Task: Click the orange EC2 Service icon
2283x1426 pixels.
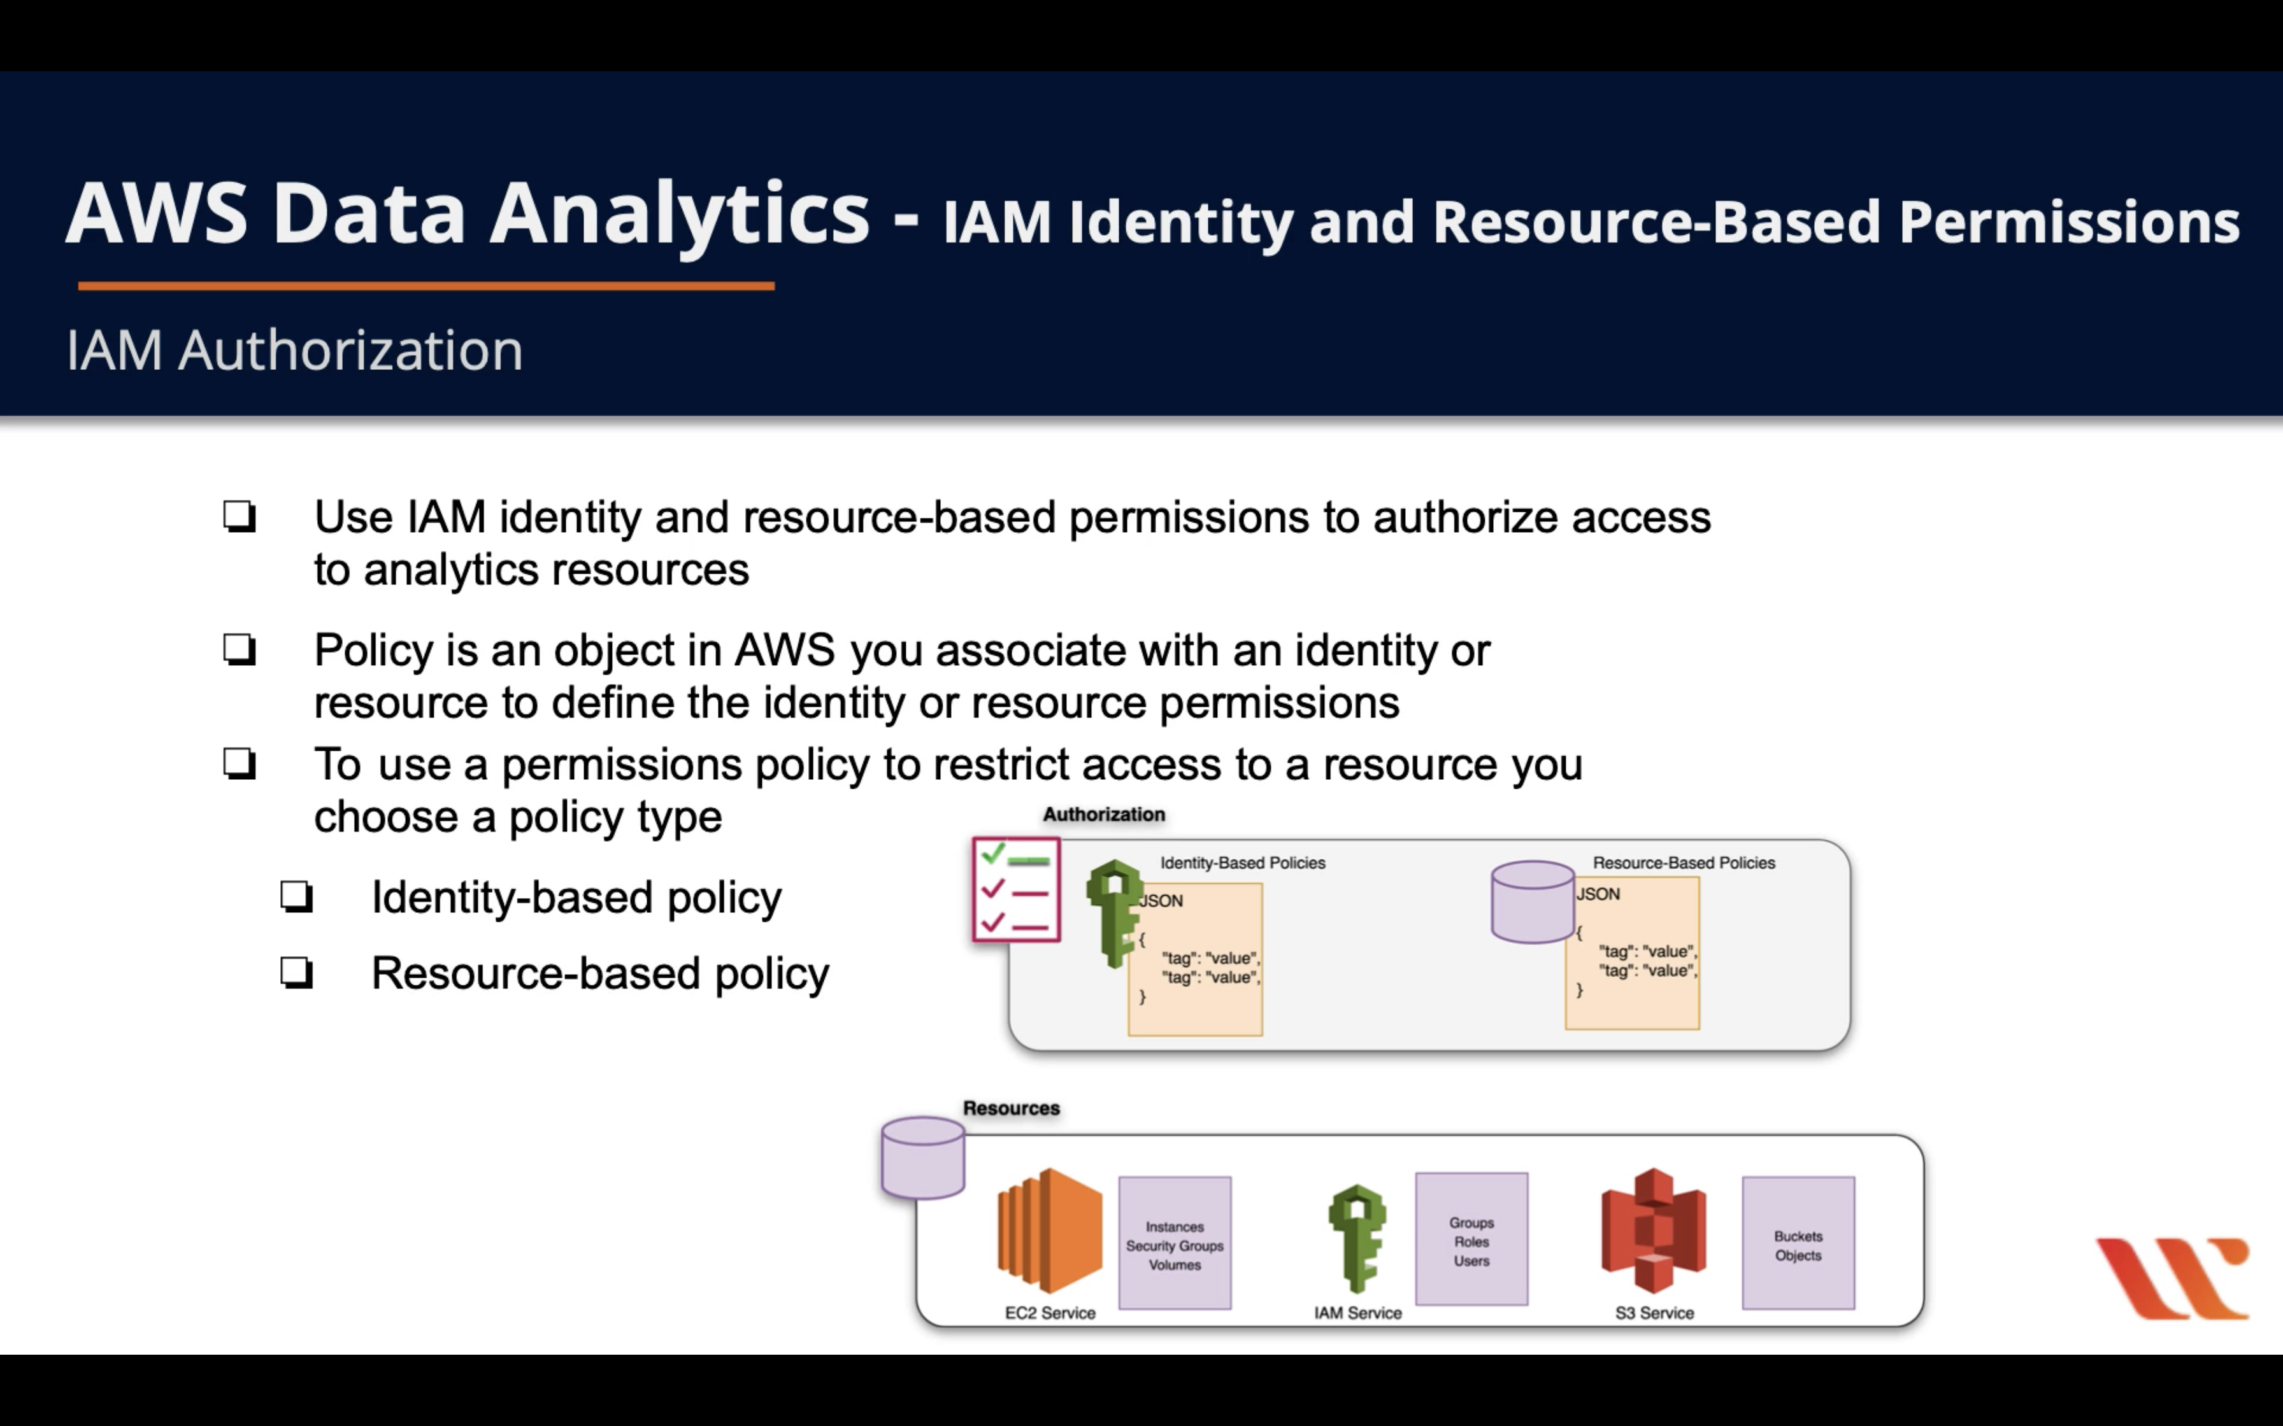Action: pyautogui.click(x=1049, y=1230)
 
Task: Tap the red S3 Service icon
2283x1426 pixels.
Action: pyautogui.click(x=1653, y=1230)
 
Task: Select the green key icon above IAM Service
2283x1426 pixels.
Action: pyautogui.click(x=1357, y=1238)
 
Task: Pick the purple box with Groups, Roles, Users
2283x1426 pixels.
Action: pyautogui.click(x=1471, y=1239)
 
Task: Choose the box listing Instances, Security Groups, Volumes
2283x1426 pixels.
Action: pyautogui.click(x=1175, y=1243)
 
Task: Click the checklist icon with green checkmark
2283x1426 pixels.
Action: pyautogui.click(x=1016, y=889)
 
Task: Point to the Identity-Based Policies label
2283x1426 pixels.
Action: pyautogui.click(x=1242, y=863)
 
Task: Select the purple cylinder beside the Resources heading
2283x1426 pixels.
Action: pyautogui.click(x=922, y=1157)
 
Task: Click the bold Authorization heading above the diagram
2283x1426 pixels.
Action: pyautogui.click(x=1104, y=814)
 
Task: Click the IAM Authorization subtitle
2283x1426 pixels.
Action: pyautogui.click(x=294, y=351)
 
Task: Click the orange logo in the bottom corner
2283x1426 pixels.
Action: pyautogui.click(x=2172, y=1277)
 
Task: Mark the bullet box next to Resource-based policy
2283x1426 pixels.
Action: pyautogui.click(x=296, y=972)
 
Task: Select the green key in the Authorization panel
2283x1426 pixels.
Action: pyautogui.click(x=1114, y=912)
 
